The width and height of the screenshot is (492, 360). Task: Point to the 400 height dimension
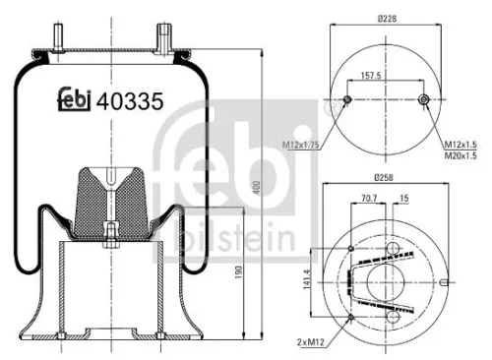pyautogui.click(x=256, y=187)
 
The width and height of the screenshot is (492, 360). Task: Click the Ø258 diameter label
pyautogui.click(x=385, y=178)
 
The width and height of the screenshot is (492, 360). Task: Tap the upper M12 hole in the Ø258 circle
pyautogui.click(x=352, y=249)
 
